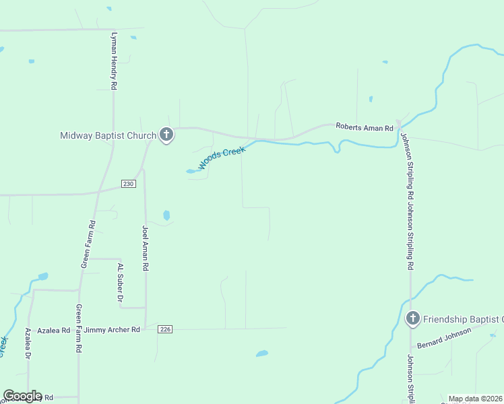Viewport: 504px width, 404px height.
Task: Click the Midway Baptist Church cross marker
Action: point(166,135)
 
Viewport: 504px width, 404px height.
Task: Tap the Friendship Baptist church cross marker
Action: point(413,318)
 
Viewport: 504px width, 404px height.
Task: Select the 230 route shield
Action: point(129,184)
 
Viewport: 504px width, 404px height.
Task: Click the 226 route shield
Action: point(166,329)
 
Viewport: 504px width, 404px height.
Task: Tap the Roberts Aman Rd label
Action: point(365,127)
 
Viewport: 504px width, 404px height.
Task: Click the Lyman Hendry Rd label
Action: point(115,61)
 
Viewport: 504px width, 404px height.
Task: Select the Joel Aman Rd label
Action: point(145,248)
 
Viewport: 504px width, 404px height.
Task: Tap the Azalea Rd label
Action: point(53,330)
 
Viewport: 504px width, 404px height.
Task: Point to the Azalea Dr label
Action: point(28,343)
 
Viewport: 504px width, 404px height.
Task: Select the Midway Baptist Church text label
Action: point(108,135)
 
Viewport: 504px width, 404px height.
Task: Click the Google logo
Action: point(22,396)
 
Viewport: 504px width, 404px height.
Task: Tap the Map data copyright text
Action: point(476,399)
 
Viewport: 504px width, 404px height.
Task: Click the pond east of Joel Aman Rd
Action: point(166,215)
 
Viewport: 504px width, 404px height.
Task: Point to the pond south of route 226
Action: point(262,353)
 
